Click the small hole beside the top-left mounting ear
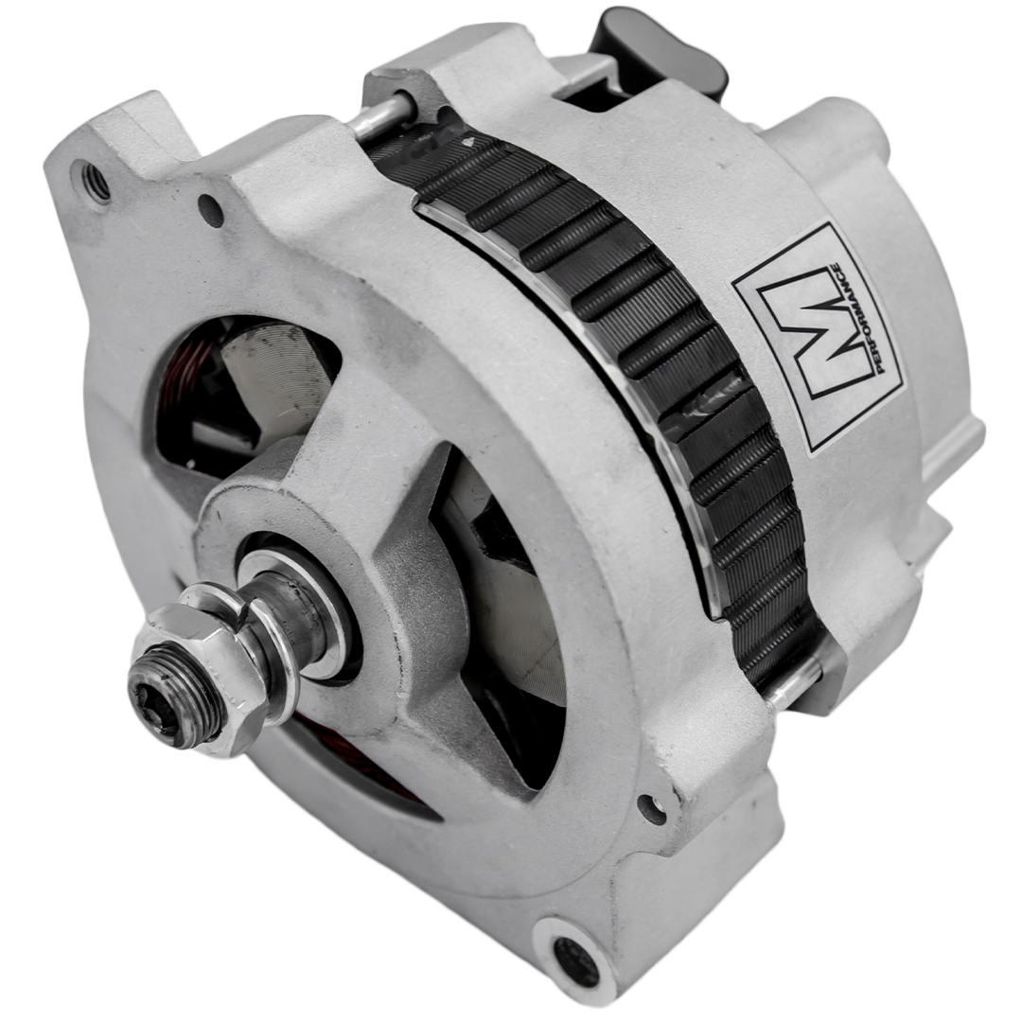point(210,210)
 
